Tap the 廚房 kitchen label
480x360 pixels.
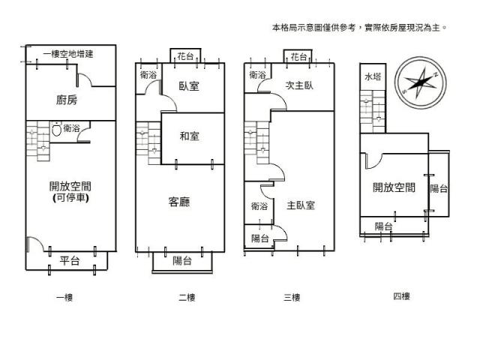click(67, 100)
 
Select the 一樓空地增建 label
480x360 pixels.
click(67, 54)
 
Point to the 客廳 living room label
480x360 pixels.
click(178, 201)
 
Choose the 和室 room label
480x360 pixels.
click(189, 136)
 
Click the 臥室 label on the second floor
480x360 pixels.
click(189, 86)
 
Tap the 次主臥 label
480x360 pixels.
click(299, 85)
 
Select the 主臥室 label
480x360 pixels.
click(300, 205)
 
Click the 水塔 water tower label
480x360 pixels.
click(373, 77)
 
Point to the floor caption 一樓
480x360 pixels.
click(64, 298)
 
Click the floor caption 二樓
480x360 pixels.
click(187, 298)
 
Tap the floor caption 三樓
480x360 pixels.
click(292, 298)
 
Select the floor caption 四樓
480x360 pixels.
click(401, 296)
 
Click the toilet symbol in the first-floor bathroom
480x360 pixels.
click(56, 129)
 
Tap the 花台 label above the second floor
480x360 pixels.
click(185, 56)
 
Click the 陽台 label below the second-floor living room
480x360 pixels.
click(181, 260)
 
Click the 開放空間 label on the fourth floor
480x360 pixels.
click(394, 187)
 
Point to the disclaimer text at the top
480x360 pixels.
click(359, 27)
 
